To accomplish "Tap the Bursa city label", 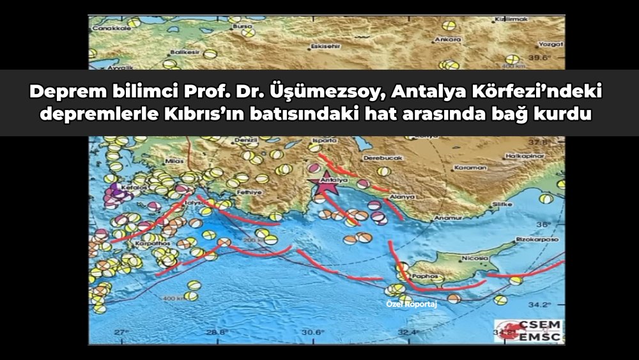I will pos(242,26).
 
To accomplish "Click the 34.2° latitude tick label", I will pos(543,304).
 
